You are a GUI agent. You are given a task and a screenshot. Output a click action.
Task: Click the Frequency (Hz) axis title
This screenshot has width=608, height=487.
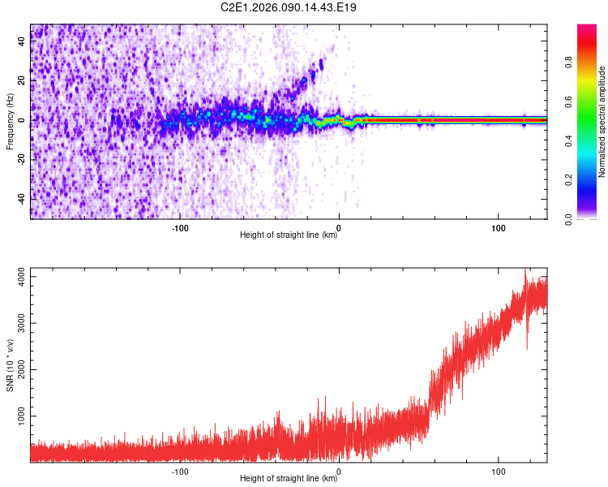pyautogui.click(x=10, y=122)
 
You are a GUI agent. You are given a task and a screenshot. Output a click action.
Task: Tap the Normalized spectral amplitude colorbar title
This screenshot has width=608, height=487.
pyautogui.click(x=602, y=122)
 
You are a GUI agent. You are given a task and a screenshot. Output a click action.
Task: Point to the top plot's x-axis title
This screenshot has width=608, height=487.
pyautogui.click(x=289, y=235)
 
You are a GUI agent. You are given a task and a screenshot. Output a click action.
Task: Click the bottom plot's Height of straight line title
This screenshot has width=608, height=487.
pyautogui.click(x=289, y=479)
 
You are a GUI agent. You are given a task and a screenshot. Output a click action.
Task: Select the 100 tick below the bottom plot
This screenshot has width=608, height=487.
pyautogui.click(x=498, y=471)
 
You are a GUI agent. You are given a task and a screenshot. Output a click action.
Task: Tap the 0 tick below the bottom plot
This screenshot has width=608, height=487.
pyautogui.click(x=339, y=471)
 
